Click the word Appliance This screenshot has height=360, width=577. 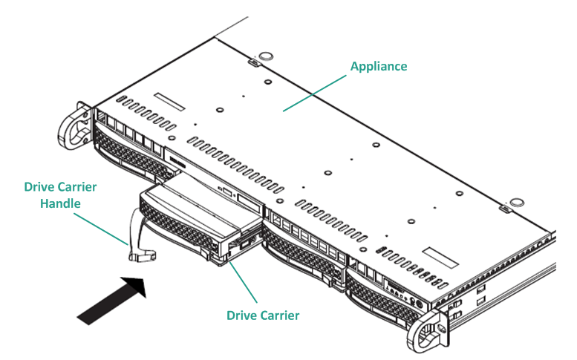point(379,66)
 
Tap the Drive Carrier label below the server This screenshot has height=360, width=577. point(263,315)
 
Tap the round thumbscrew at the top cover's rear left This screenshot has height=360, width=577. point(263,58)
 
